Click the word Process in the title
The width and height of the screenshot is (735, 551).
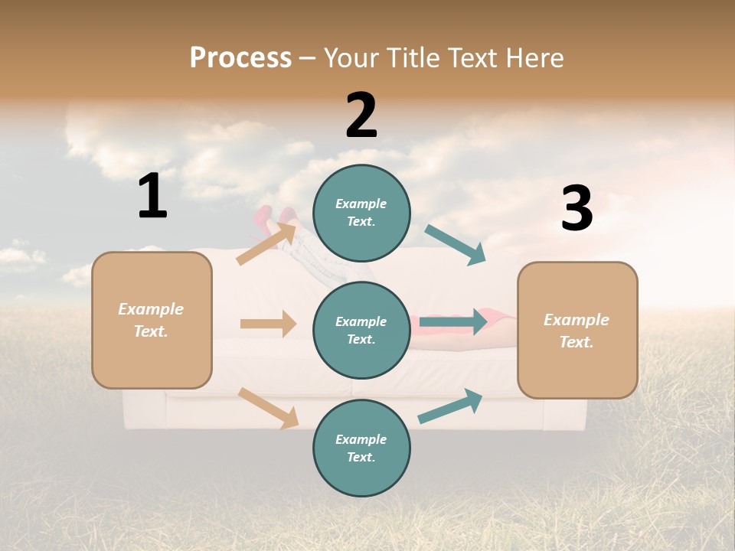coord(240,58)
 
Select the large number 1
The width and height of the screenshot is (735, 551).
coord(152,197)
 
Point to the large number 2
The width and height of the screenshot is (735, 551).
coord(361,116)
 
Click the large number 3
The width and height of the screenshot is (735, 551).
coord(577,208)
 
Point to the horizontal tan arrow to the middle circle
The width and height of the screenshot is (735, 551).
coord(268,324)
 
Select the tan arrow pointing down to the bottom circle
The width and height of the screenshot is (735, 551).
coord(268,408)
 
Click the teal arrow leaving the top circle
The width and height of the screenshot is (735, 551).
coord(456,245)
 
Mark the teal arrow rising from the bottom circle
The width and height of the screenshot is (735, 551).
coord(450,406)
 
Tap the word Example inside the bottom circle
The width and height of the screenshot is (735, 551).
coord(361,439)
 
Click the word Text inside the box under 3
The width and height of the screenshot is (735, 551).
coord(577,342)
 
